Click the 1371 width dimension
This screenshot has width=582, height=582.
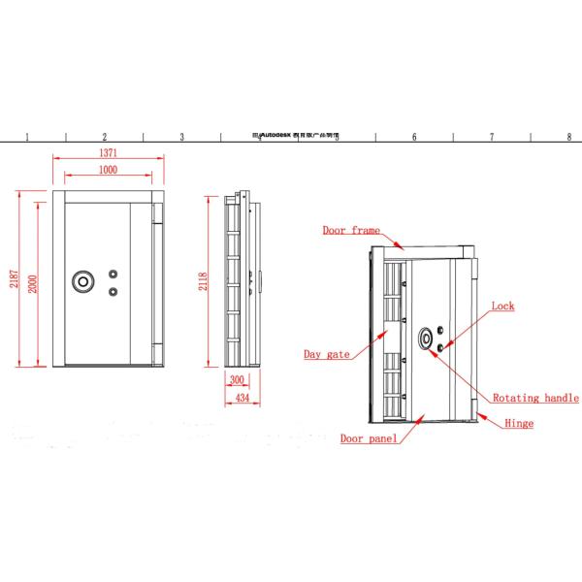(108, 153)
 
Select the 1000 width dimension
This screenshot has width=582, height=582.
(108, 171)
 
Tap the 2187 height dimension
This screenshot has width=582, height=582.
(15, 280)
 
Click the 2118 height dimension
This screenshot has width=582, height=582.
(202, 281)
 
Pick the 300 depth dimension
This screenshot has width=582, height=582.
(237, 380)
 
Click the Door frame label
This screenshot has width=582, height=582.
(351, 230)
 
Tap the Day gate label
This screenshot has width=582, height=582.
(327, 354)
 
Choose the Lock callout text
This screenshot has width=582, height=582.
(502, 307)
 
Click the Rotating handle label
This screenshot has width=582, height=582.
(535, 399)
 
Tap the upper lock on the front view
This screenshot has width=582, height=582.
(113, 275)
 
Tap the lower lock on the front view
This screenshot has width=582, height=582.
(113, 291)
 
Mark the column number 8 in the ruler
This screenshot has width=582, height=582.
(568, 137)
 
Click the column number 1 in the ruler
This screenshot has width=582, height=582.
(27, 137)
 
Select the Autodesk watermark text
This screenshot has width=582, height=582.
(291, 137)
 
